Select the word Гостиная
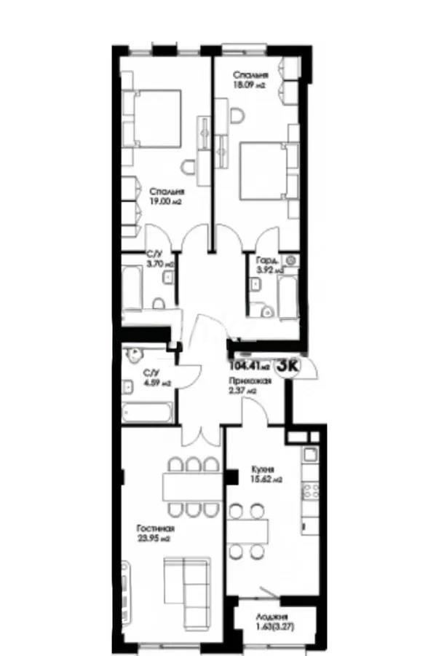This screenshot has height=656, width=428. tap(155, 529)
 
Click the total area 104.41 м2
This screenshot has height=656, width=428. tap(249, 367)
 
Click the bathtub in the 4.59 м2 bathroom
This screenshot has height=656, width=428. tap(147, 413)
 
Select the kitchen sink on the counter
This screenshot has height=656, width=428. tap(309, 456)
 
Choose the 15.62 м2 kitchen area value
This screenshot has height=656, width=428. tap(266, 480)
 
